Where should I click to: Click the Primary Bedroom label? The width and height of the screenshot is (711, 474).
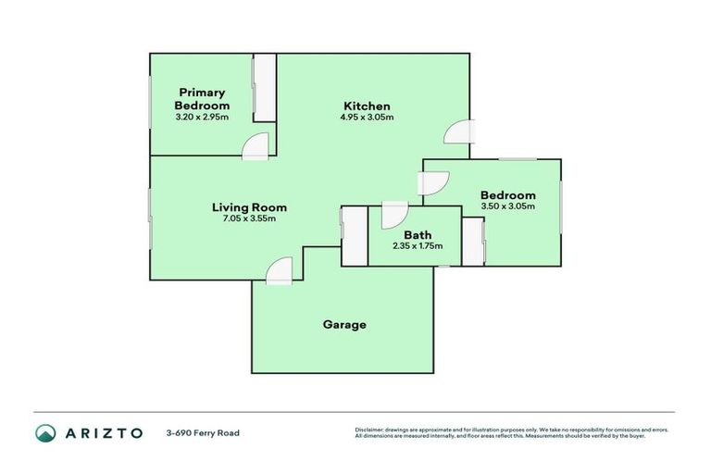tap(203, 98)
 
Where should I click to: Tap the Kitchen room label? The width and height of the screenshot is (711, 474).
tap(367, 106)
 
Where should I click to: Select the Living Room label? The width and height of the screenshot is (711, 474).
tap(249, 207)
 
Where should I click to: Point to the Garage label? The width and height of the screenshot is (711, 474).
tap(344, 325)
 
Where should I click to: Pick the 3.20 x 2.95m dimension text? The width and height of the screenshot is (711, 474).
tap(203, 118)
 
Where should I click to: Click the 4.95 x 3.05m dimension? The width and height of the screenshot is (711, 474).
tap(367, 118)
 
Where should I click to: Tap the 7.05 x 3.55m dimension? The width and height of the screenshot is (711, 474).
tap(249, 219)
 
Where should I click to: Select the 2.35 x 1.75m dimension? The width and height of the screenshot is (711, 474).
tap(418, 246)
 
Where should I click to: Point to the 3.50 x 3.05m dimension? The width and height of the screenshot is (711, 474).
tap(508, 206)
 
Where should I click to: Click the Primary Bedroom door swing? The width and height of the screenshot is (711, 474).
tap(256, 145)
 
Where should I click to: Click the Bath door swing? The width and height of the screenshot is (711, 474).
tap(393, 214)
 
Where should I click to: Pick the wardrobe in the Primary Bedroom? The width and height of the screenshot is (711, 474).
tap(265, 88)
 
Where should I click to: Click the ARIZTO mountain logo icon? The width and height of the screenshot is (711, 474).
tap(46, 432)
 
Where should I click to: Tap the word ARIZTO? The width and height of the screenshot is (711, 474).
tap(105, 432)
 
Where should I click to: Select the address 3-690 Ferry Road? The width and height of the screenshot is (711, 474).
tap(203, 432)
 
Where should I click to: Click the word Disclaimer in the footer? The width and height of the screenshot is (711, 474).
tap(369, 430)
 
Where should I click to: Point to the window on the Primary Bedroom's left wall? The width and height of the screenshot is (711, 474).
tap(151, 101)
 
